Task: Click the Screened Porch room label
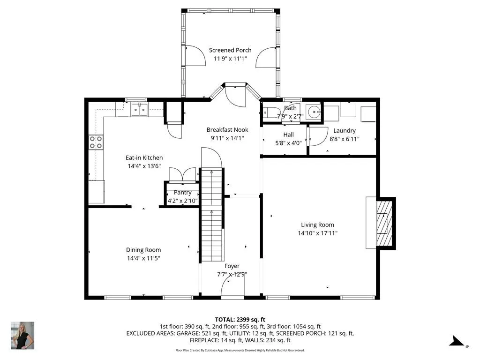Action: [230, 50]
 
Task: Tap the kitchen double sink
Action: [139, 110]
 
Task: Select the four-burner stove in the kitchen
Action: [96, 142]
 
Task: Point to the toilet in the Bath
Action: [270, 112]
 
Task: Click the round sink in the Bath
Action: [314, 112]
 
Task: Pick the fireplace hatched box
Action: [384, 223]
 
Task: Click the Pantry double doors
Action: [182, 175]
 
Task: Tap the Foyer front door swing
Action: [232, 288]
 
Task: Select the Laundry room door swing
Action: [318, 136]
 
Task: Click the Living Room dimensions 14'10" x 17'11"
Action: [317, 233]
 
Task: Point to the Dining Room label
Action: [143, 250]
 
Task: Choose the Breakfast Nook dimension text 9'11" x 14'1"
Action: [227, 138]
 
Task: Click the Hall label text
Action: [288, 135]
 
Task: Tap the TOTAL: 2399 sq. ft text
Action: [240, 320]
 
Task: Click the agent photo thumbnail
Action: [22, 336]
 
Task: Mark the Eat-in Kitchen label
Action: [144, 157]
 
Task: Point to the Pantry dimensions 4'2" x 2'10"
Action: [182, 201]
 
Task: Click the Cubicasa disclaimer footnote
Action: [240, 350]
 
